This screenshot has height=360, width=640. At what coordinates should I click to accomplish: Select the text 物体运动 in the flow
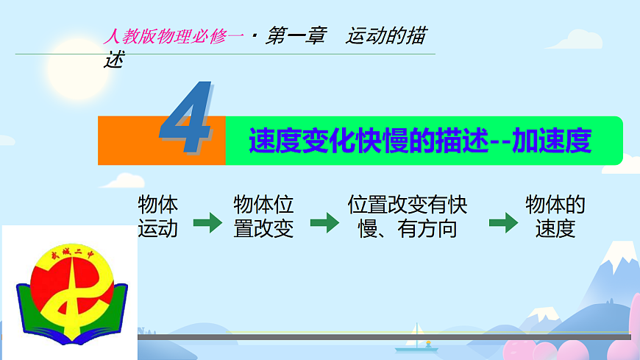coord(157,216)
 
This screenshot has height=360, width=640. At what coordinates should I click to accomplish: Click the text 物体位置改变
coord(263,216)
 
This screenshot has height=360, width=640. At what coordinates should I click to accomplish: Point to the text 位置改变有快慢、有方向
coord(408,216)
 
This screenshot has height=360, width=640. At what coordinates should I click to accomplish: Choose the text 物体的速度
coord(555,216)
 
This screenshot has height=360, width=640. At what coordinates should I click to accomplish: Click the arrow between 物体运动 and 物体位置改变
coord(207,223)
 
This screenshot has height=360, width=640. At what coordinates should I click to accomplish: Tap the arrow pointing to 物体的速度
coord(503,223)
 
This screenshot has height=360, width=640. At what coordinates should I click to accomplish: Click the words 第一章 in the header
coord(295,37)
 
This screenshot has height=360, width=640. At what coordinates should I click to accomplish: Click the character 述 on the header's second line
coord(113,60)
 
